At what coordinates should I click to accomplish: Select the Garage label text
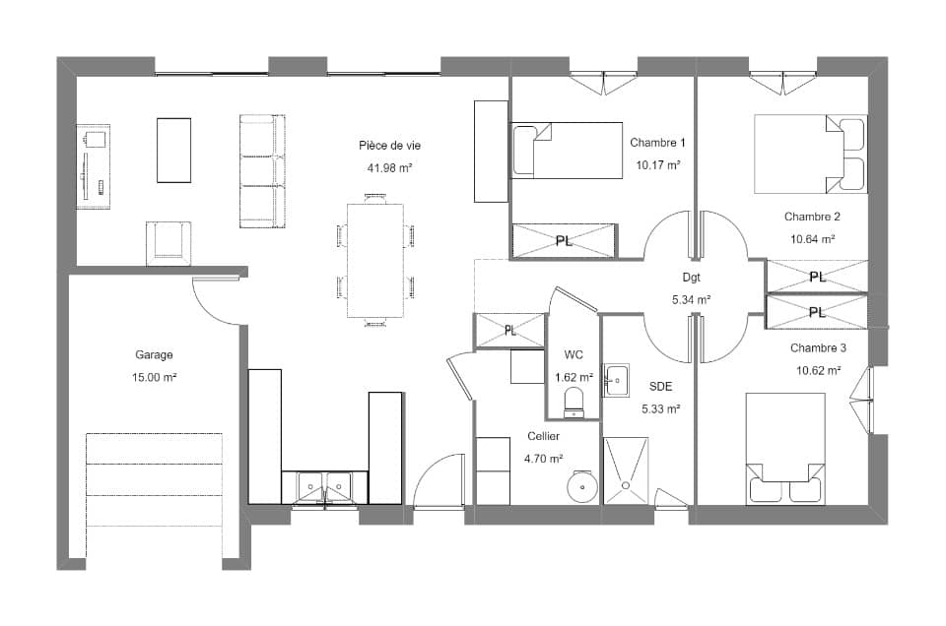pyautogui.click(x=155, y=354)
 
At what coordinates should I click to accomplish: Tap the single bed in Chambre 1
pyautogui.click(x=567, y=151)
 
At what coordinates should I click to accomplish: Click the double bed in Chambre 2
pyautogui.click(x=808, y=155)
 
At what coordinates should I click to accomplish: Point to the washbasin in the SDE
pyautogui.click(x=616, y=379)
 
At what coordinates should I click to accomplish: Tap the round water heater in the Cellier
pyautogui.click(x=582, y=486)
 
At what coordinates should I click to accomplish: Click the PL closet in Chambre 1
pyautogui.click(x=564, y=240)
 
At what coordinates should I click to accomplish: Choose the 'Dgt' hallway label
pyautogui.click(x=690, y=278)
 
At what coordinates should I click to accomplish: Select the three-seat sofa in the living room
pyautogui.click(x=262, y=171)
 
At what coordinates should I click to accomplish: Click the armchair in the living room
pyautogui.click(x=169, y=242)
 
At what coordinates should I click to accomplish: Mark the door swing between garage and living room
pyautogui.click(x=219, y=300)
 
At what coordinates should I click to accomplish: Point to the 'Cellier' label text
pyautogui.click(x=543, y=436)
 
